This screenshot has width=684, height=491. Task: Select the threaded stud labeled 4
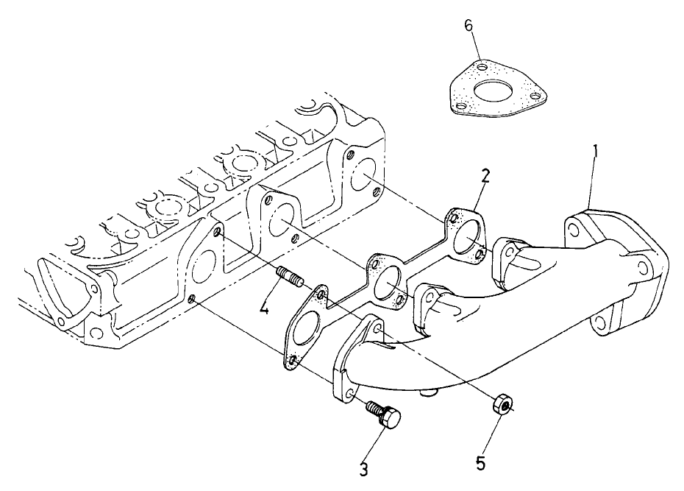[288, 280]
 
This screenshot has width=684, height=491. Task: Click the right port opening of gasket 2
[466, 237]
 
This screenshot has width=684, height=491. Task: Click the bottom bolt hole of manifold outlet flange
[600, 321]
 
